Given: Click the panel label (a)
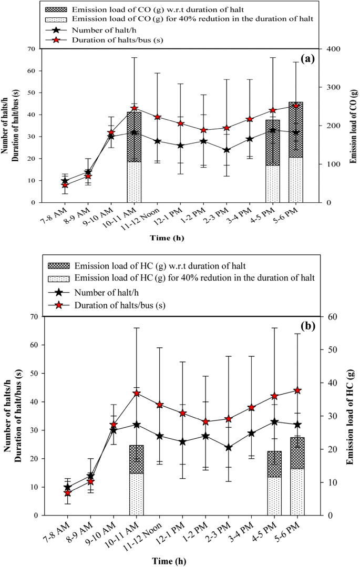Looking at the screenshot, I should coord(306,58).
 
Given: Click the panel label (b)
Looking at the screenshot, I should coord(306,326).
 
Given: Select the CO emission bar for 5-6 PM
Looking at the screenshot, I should coord(295,152).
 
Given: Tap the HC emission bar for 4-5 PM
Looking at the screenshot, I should coord(274,483).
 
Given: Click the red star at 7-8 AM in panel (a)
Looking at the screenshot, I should coord(65,185).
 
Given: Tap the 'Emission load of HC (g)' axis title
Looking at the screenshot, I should coord(351,415).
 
